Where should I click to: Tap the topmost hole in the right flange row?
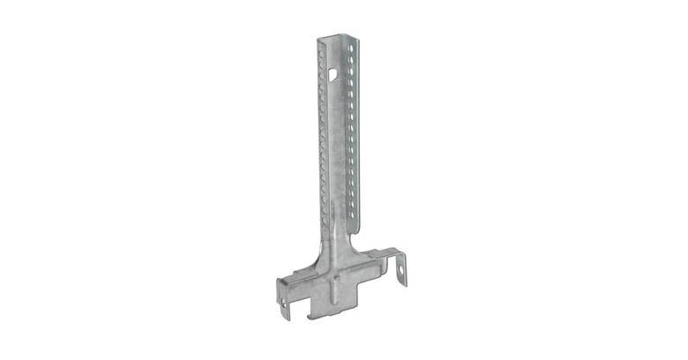point(351,51)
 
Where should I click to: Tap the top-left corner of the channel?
point(318,39)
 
